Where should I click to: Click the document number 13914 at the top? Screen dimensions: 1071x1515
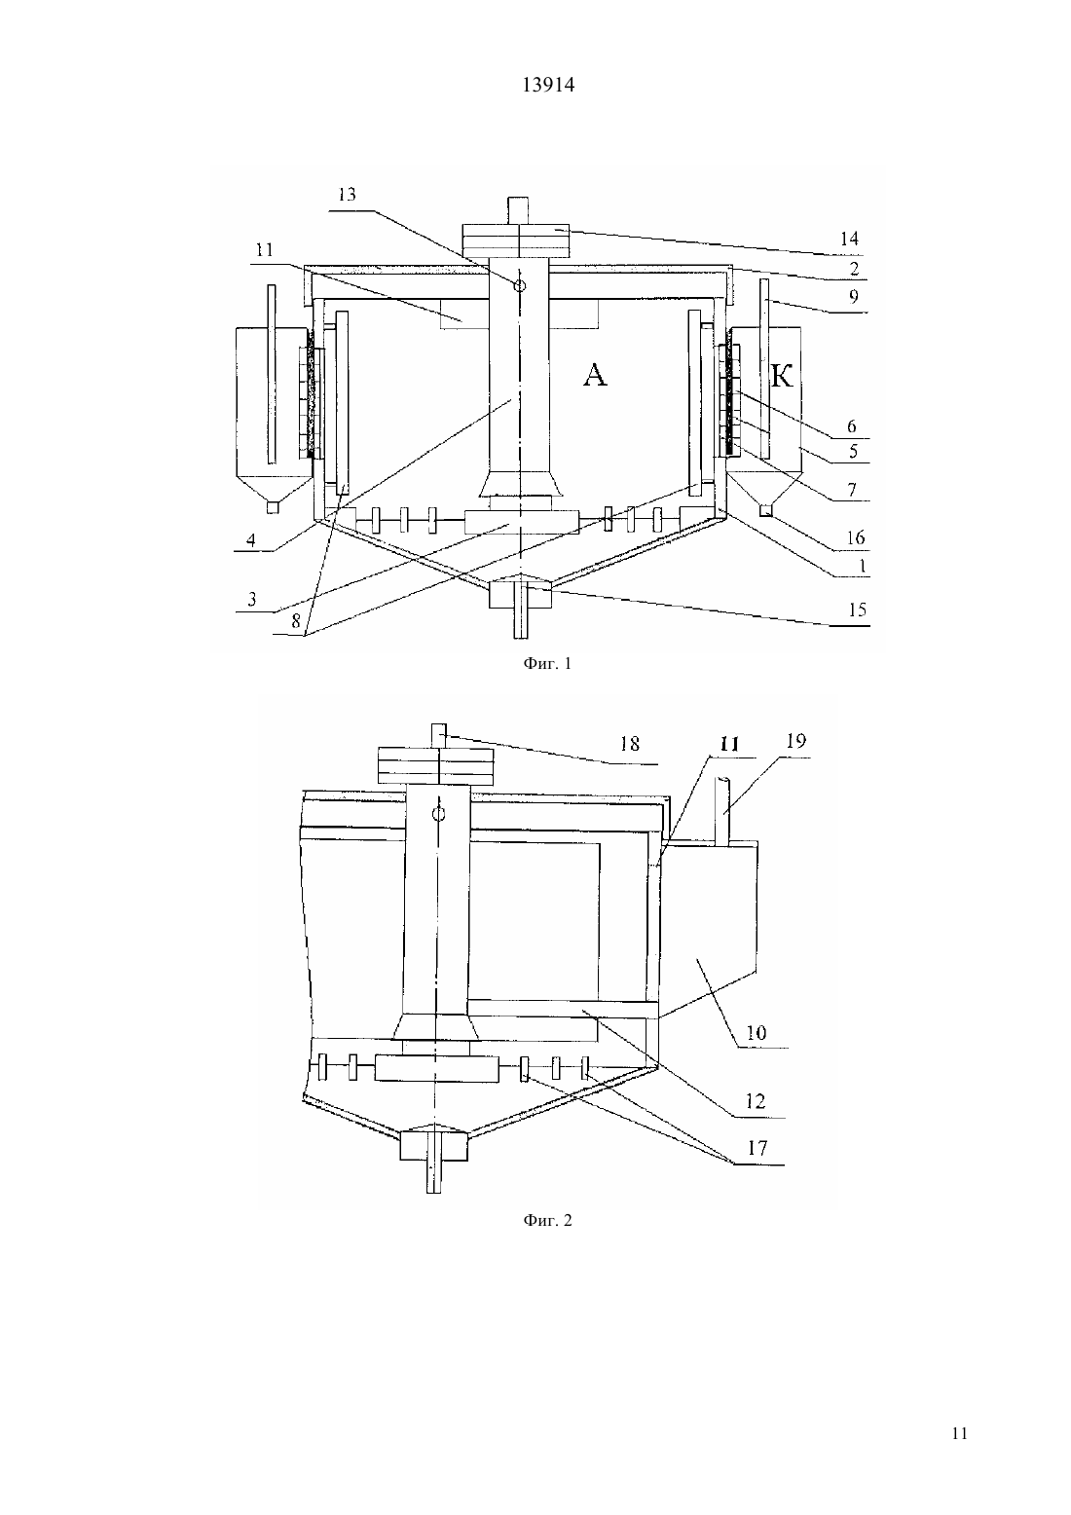click(548, 86)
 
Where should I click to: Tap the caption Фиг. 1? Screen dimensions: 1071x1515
click(547, 663)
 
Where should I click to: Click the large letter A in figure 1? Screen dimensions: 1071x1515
click(595, 375)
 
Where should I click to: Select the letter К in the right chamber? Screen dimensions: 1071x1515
click(782, 376)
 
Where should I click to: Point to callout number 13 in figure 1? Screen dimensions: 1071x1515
click(347, 195)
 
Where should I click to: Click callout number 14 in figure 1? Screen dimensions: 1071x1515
click(849, 239)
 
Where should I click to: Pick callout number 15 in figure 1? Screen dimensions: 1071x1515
click(858, 610)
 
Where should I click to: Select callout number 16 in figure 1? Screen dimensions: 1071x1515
click(856, 537)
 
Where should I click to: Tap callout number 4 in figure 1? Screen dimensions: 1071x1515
click(251, 539)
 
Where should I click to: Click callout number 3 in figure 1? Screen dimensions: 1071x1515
click(252, 599)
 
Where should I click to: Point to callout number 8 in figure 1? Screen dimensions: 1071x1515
click(295, 621)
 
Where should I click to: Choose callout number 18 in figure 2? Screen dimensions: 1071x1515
click(630, 744)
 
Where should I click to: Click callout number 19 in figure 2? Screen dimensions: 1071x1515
click(796, 741)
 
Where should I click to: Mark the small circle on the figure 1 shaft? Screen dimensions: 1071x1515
click(520, 286)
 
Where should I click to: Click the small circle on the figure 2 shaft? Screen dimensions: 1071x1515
click(439, 814)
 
